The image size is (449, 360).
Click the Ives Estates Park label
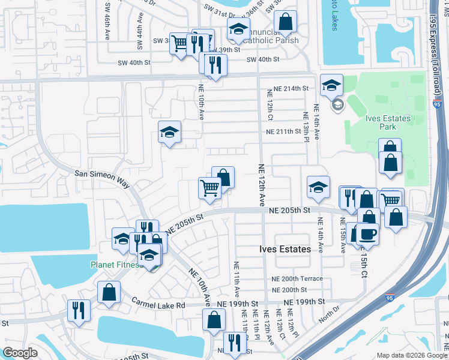[x=388, y=122]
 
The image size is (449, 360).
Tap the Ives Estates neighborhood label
[x=285, y=249]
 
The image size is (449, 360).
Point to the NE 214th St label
[x=291, y=88]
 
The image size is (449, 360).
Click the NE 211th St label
[x=283, y=132]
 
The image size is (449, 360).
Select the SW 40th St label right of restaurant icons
[x=263, y=59]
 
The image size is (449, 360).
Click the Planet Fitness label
[x=115, y=265]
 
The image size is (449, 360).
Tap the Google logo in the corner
[x=20, y=353]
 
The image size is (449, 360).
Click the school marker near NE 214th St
[x=331, y=86]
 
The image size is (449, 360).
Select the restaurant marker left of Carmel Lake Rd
[x=79, y=310]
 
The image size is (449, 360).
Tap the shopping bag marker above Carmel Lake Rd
[x=109, y=292]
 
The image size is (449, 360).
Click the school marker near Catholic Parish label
[x=238, y=29]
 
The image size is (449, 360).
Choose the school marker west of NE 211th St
[x=170, y=132]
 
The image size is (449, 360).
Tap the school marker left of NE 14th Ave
[x=318, y=187]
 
